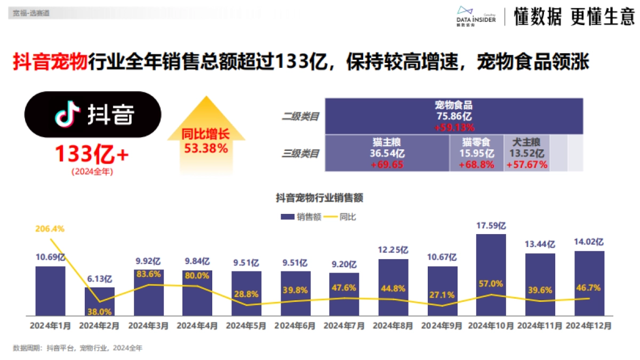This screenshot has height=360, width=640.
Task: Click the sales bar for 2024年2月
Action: [99, 301]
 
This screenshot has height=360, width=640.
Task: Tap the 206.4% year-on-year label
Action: [50, 229]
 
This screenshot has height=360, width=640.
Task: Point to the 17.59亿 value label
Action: [491, 226]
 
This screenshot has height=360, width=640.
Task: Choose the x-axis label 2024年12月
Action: [589, 325]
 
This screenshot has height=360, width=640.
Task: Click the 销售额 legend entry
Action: [301, 217]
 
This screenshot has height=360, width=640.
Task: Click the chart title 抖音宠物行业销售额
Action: [319, 198]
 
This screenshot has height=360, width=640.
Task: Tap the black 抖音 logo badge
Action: [93, 114]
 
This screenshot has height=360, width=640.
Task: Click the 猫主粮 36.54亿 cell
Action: [387, 154]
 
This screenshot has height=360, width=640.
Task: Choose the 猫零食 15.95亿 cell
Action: [477, 154]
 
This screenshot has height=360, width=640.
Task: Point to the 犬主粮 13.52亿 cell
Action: [526, 154]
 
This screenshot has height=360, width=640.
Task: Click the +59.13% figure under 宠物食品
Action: [454, 127]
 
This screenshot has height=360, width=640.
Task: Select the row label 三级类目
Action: [300, 154]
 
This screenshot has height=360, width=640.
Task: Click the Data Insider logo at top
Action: [476, 16]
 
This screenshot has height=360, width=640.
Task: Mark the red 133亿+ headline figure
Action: [92, 155]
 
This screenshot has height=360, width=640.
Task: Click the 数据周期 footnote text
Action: [78, 348]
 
